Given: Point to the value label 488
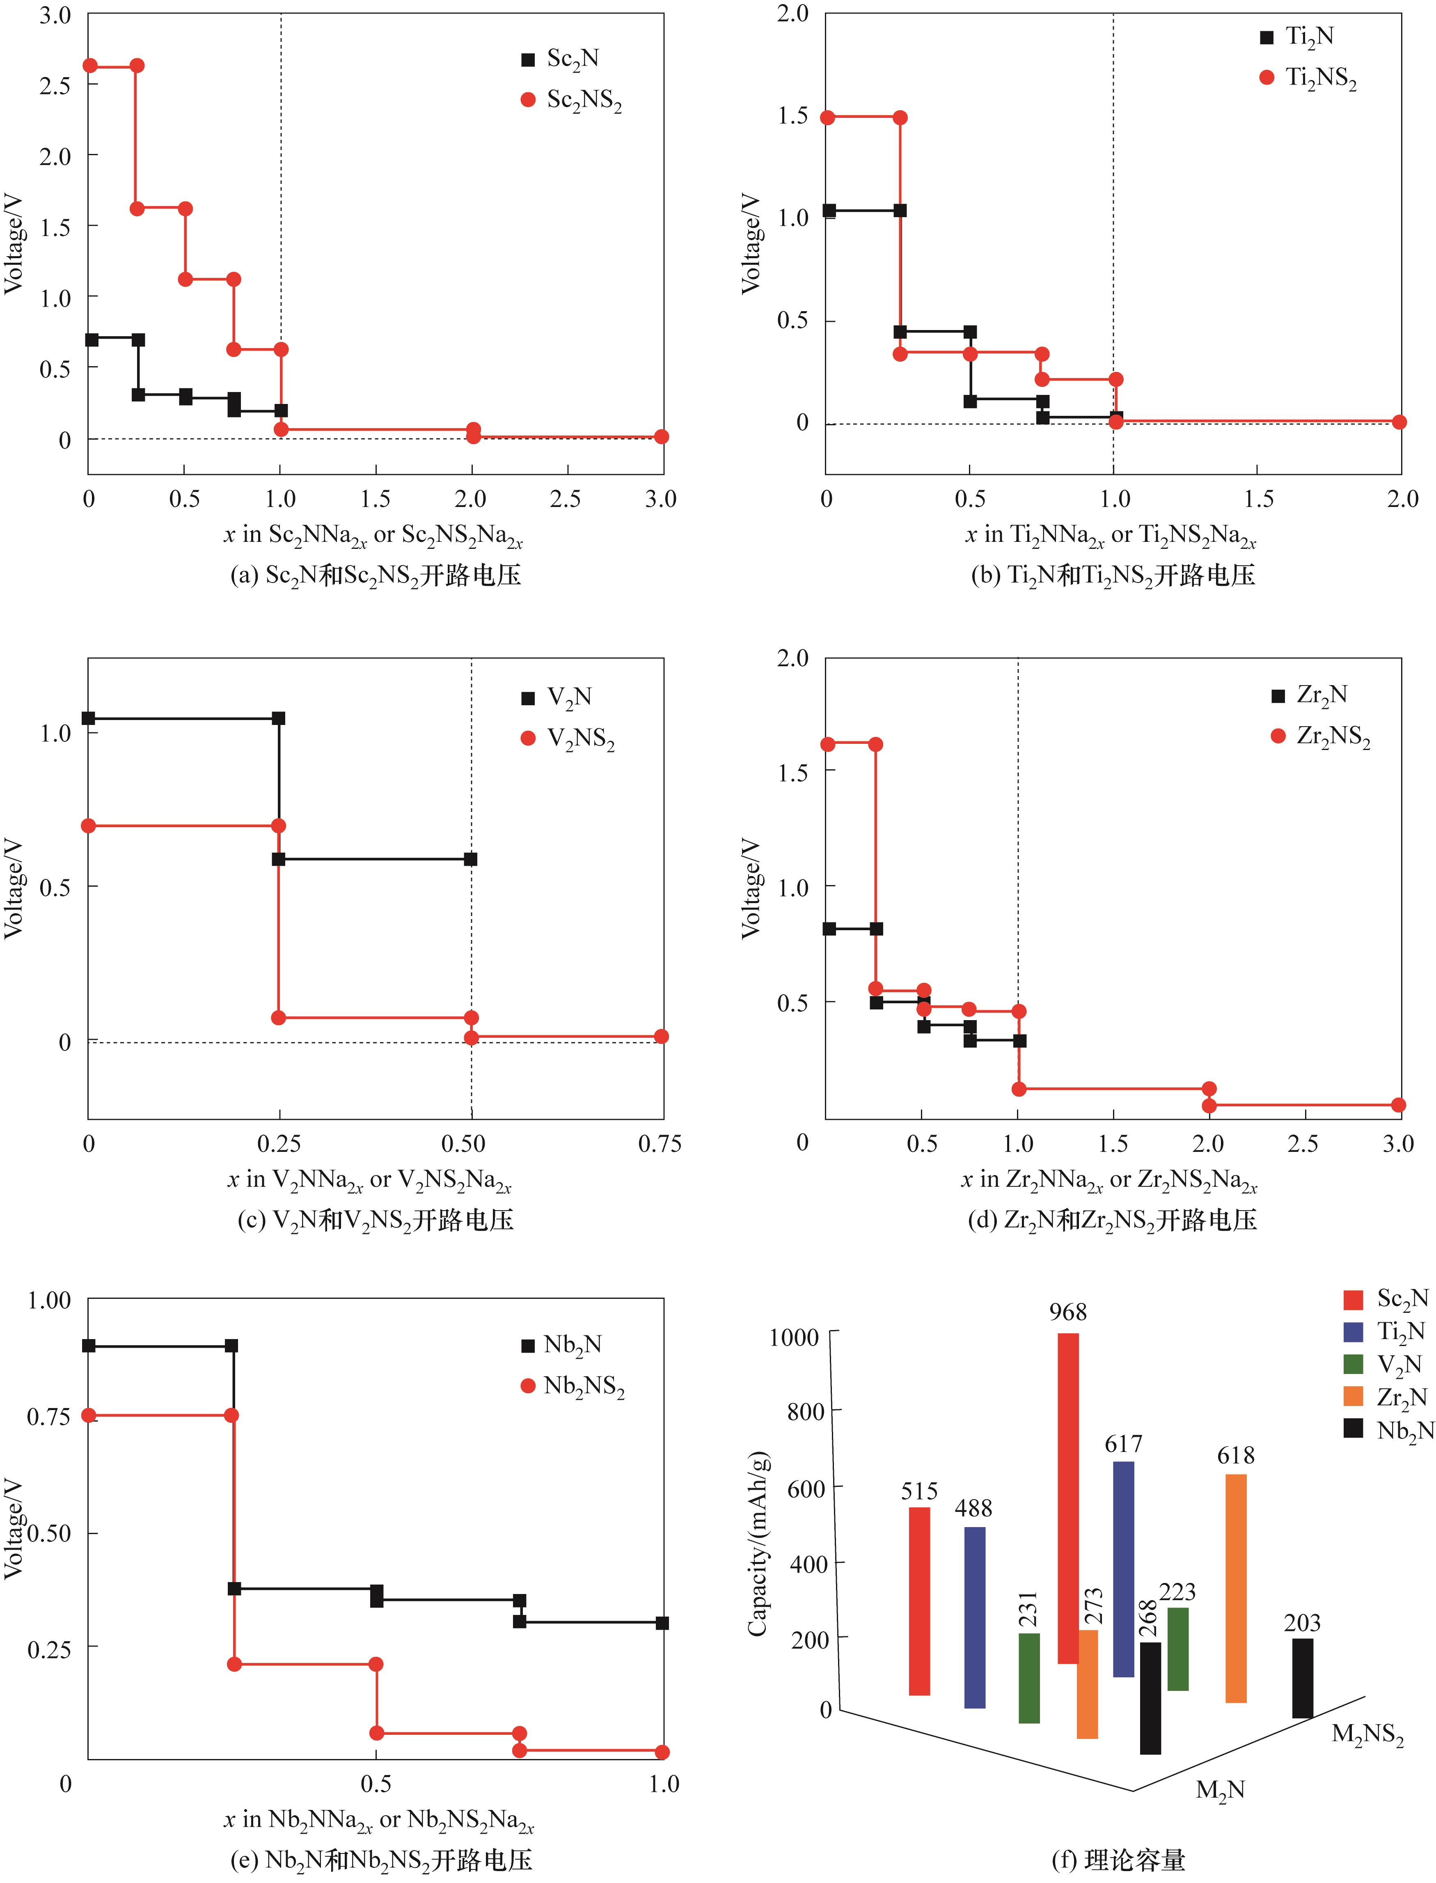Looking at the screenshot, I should pyautogui.click(x=973, y=1508).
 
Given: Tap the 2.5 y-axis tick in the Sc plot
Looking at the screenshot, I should pyautogui.click(x=54, y=85).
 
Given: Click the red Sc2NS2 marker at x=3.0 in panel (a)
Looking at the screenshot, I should pyautogui.click(x=661, y=437).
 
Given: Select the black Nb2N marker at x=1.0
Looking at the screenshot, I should pyautogui.click(x=662, y=1622).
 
